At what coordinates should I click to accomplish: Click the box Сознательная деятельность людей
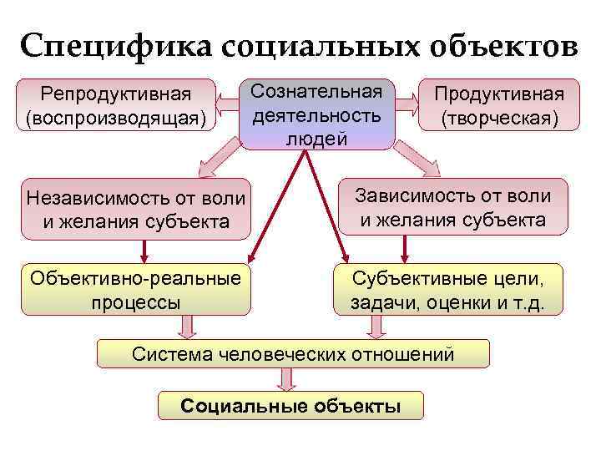click(x=316, y=114)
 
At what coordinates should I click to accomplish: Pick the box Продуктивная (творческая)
click(x=499, y=105)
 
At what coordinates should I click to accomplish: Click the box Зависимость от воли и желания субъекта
click(x=452, y=207)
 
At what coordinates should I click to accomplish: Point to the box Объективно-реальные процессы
click(x=137, y=289)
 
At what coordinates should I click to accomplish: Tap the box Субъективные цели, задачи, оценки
click(x=447, y=289)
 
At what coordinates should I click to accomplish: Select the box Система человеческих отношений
click(x=292, y=354)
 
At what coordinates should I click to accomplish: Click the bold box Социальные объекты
click(x=290, y=406)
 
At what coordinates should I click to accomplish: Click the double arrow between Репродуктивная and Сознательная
click(x=227, y=105)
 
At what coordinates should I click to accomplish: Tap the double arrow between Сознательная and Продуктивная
click(x=407, y=105)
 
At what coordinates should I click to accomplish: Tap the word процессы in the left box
click(x=137, y=301)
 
